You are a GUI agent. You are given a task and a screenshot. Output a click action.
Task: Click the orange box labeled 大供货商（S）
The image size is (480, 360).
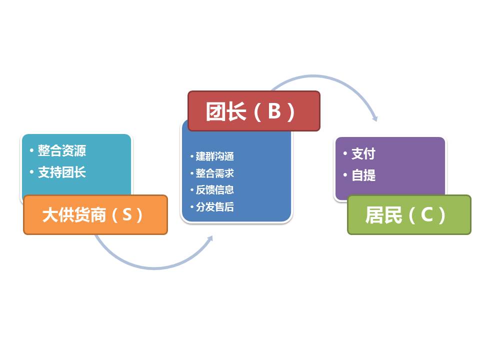point(95,215)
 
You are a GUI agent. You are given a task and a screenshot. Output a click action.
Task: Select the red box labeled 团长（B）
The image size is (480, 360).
point(253,111)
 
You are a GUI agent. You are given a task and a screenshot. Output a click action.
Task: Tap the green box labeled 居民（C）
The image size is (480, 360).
point(409,215)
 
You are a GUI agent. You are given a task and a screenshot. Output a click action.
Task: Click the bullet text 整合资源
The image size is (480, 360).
point(61,150)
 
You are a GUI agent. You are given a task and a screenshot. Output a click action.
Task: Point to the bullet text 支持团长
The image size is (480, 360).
point(61,172)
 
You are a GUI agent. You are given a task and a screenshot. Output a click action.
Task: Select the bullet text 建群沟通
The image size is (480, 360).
point(214,156)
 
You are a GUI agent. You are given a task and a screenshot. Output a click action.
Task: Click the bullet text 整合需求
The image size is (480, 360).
point(214,173)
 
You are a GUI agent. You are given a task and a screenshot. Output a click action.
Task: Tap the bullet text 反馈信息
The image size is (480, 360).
point(214,190)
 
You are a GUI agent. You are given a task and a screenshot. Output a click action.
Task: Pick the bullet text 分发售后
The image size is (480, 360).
point(214,207)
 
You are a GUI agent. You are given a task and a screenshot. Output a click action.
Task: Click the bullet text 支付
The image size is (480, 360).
point(363,154)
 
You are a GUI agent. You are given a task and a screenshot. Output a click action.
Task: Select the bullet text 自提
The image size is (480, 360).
point(363,175)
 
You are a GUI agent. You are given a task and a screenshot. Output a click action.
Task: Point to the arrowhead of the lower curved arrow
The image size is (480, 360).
point(210,238)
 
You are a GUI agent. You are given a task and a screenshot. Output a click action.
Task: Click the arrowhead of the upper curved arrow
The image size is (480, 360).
point(375,119)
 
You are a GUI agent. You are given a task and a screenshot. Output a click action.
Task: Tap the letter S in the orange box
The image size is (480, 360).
point(126,215)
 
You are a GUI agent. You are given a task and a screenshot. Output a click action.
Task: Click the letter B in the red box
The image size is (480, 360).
point(274,111)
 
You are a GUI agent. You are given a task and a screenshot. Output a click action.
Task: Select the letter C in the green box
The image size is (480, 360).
point(426,215)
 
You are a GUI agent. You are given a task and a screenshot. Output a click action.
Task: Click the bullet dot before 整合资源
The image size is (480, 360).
point(31,150)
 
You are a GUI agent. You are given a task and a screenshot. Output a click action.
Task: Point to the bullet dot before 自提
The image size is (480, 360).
point(345,175)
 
